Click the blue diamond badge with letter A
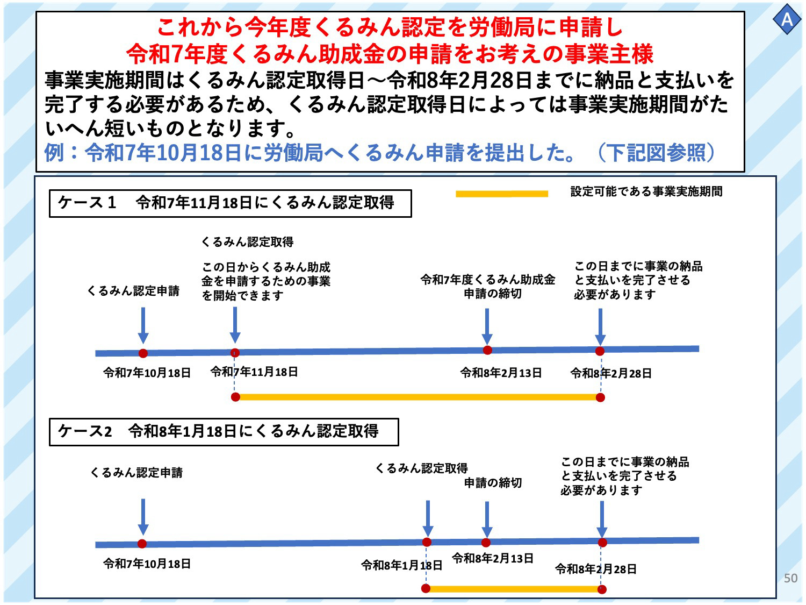point(787,19)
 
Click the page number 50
point(790,578)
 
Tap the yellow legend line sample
point(501,194)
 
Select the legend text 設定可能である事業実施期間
point(646,191)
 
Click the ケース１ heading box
point(230,203)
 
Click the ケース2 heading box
point(224,432)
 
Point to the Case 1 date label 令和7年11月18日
point(254,372)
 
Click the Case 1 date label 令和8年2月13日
point(501,373)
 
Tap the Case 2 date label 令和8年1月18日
point(401,565)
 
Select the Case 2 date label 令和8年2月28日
point(595,569)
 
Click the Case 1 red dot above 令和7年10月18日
point(143,353)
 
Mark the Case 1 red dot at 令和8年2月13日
point(487,351)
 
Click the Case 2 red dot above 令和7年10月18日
point(142,544)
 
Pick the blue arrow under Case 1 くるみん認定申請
point(143,325)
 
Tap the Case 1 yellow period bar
point(418,397)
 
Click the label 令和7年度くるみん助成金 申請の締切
point(488,287)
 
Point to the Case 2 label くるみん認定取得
point(422,468)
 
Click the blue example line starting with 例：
point(380,153)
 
